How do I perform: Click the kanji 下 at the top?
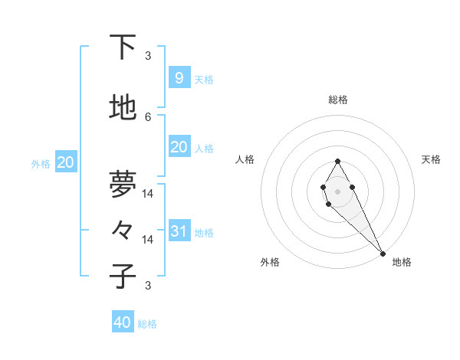click(123, 47)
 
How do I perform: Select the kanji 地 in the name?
click(123, 109)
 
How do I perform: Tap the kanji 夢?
click(123, 184)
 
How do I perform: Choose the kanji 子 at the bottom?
click(123, 277)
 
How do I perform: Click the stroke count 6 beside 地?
click(148, 116)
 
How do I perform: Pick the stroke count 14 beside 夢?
click(148, 193)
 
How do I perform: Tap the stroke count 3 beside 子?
click(148, 286)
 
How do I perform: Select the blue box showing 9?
click(179, 77)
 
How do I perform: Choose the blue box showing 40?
click(123, 322)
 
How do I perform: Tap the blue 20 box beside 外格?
click(66, 162)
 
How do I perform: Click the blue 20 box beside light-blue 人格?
click(179, 147)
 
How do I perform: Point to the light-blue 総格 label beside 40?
click(147, 324)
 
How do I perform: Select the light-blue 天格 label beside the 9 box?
click(203, 79)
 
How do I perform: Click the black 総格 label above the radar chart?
click(337, 100)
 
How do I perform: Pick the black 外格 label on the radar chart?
click(270, 262)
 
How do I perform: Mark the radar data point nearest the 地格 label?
click(383, 253)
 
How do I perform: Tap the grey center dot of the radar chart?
click(337, 190)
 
